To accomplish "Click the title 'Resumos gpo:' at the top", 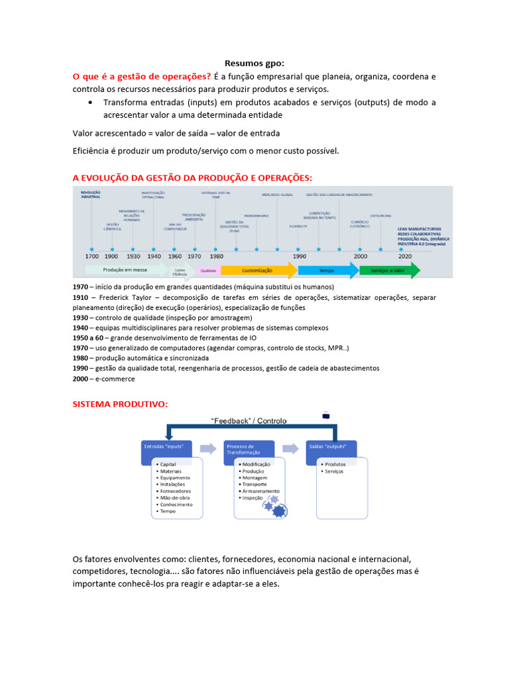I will click(x=254, y=64).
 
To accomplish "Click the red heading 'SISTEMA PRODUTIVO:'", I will click(x=120, y=404).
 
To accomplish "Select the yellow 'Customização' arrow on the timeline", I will click(x=257, y=270).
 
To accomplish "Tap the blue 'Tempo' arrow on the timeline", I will click(x=327, y=270).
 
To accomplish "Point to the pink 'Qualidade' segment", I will click(x=208, y=270).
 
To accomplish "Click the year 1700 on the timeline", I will click(x=92, y=256).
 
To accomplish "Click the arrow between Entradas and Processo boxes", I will click(x=208, y=448).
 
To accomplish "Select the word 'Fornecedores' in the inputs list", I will click(x=176, y=491).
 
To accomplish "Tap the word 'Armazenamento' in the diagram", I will click(x=260, y=491).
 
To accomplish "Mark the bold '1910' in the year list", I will click(x=81, y=297).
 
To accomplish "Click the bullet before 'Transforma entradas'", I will click(x=90, y=103).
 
